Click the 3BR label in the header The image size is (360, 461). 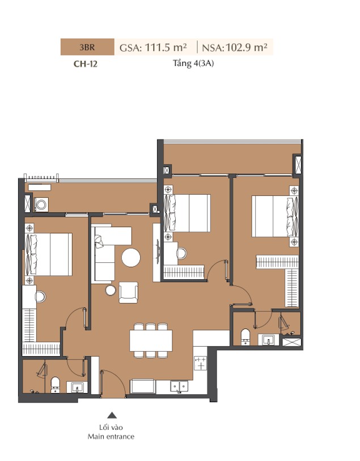(87, 47)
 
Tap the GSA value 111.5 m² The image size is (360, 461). (166, 48)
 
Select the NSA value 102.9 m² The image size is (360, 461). (247, 48)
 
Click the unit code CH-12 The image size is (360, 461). (86, 64)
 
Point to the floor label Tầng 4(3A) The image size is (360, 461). (193, 63)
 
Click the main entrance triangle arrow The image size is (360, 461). (112, 415)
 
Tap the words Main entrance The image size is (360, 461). (111, 437)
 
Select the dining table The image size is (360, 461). (151, 340)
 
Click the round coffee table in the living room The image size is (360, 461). (131, 258)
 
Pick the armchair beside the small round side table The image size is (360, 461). (128, 292)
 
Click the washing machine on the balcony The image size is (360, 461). (41, 204)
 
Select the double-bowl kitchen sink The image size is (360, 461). (179, 387)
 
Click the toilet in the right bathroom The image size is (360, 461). (245, 337)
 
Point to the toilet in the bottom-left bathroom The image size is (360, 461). (55, 385)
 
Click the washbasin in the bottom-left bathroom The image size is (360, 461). (77, 387)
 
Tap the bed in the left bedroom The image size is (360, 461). (49, 254)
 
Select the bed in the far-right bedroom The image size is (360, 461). (275, 216)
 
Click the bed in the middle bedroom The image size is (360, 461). (187, 213)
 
